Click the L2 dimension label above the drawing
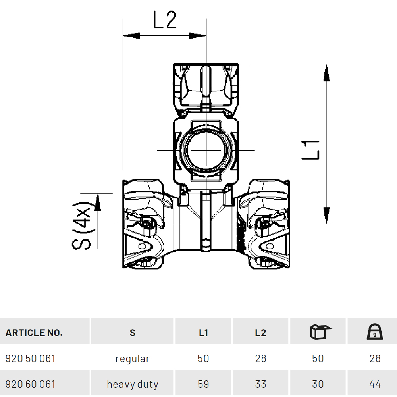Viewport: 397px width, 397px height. click(x=165, y=20)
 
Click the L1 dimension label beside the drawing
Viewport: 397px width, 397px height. click(x=311, y=150)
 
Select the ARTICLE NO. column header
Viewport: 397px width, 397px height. click(x=34, y=333)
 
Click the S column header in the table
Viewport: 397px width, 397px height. click(x=133, y=333)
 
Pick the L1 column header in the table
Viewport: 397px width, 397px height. click(x=203, y=333)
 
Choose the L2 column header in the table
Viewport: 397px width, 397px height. click(x=260, y=333)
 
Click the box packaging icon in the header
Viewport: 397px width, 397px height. click(x=320, y=331)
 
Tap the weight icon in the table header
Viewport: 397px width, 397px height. click(x=375, y=331)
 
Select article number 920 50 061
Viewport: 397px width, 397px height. click(x=30, y=358)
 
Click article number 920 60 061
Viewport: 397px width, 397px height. click(x=30, y=384)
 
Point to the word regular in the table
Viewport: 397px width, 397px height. click(x=133, y=359)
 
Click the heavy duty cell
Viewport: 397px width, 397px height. click(x=133, y=384)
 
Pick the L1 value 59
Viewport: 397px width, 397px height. click(x=203, y=384)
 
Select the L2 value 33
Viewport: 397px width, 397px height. click(x=260, y=384)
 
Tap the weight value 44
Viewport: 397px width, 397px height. click(x=375, y=384)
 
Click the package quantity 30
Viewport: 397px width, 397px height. click(x=318, y=384)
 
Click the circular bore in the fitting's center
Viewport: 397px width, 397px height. click(x=206, y=150)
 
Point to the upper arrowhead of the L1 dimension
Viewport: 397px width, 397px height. click(x=327, y=73)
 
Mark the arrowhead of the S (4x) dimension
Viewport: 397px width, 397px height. click(x=98, y=202)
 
